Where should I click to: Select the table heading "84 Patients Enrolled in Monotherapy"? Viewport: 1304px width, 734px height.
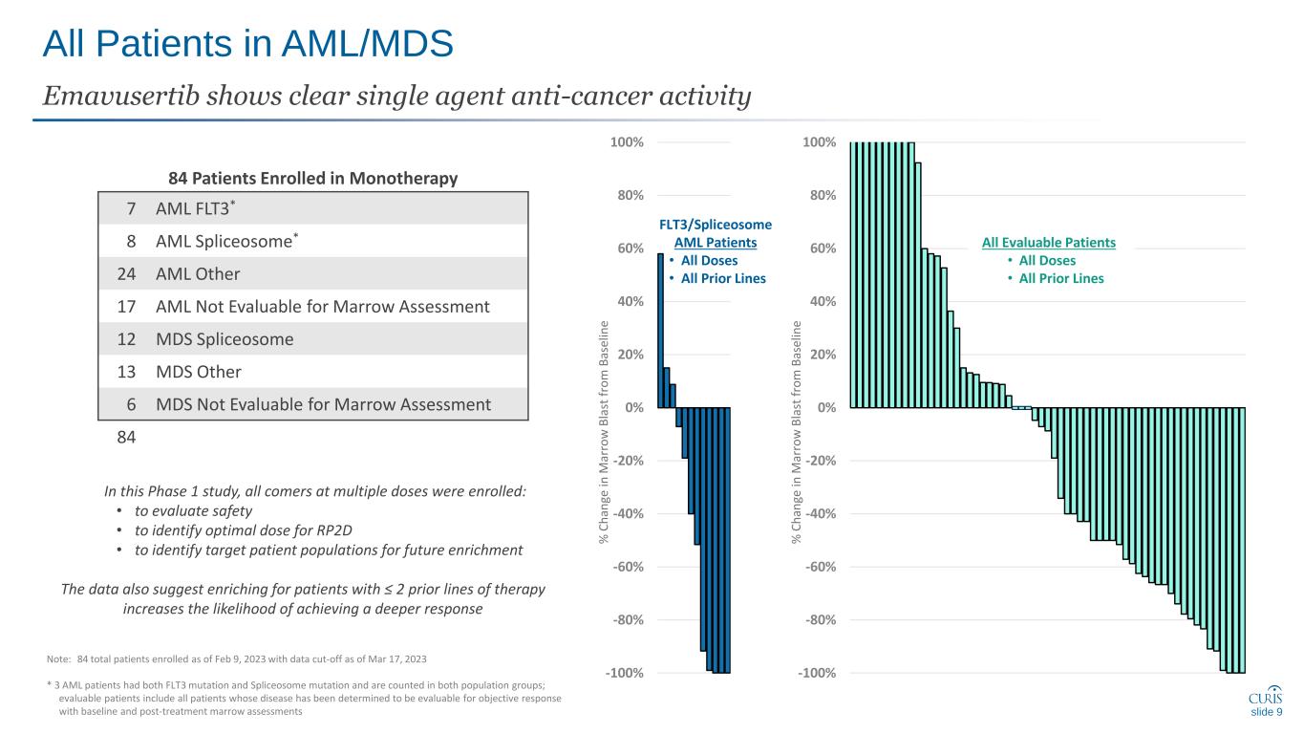coord(312,178)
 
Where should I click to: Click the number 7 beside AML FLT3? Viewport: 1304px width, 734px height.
coord(130,209)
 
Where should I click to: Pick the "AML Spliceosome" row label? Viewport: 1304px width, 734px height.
coord(224,242)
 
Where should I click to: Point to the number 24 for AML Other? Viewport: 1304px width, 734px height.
coord(124,274)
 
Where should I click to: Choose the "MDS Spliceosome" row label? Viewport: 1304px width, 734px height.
coord(224,339)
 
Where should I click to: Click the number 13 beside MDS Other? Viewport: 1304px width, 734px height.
coord(124,372)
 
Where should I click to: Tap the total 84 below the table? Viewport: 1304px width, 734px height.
coord(124,437)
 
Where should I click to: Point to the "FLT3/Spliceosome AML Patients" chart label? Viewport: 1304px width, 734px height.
coord(716,233)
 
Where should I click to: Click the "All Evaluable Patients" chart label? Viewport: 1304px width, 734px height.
coord(1048,243)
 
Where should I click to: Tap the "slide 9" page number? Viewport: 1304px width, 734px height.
coord(1266,712)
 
